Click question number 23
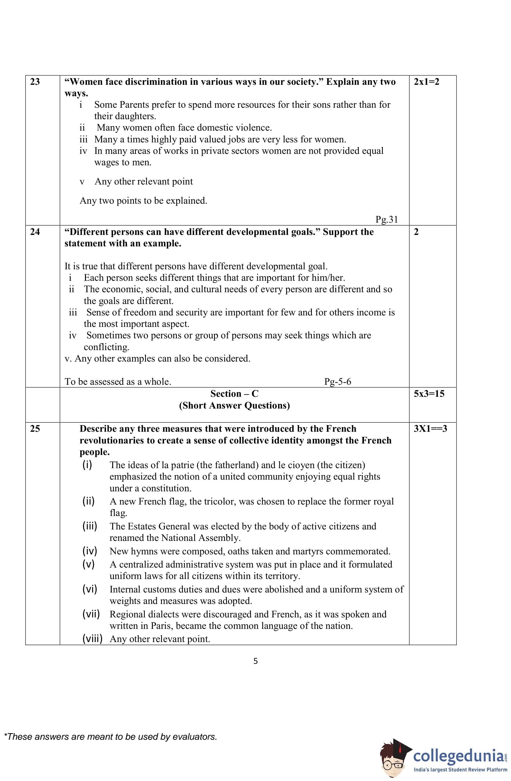point(35,82)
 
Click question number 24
point(35,232)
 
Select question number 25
point(35,429)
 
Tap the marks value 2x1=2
point(426,82)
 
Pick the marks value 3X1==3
point(430,429)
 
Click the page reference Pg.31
point(387,219)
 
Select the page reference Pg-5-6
point(338,382)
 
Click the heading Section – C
point(234,393)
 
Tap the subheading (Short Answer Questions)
point(234,406)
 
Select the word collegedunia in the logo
point(458,756)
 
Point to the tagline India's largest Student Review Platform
point(460,770)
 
